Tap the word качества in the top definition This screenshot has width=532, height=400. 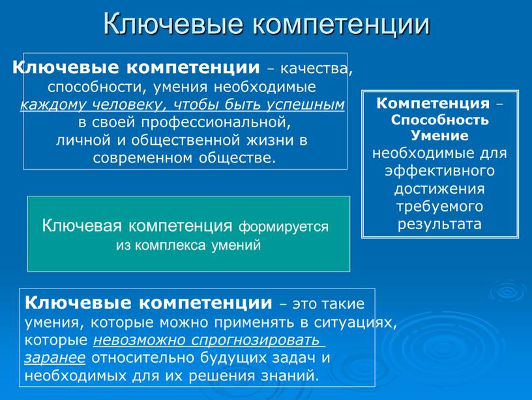[314, 69]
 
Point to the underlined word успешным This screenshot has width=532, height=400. [305, 104]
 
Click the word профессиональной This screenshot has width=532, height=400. [215, 122]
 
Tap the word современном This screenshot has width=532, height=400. [143, 158]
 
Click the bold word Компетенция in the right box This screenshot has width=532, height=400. [433, 103]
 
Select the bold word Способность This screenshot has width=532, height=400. [439, 119]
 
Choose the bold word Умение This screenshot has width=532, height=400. [439, 136]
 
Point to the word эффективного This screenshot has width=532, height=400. [439, 170]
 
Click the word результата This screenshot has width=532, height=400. [439, 224]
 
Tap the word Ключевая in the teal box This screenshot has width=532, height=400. [81, 226]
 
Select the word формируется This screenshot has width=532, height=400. [284, 227]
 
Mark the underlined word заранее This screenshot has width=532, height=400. [55, 358]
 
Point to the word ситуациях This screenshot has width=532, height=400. [355, 322]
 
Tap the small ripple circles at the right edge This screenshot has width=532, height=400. [508, 291]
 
